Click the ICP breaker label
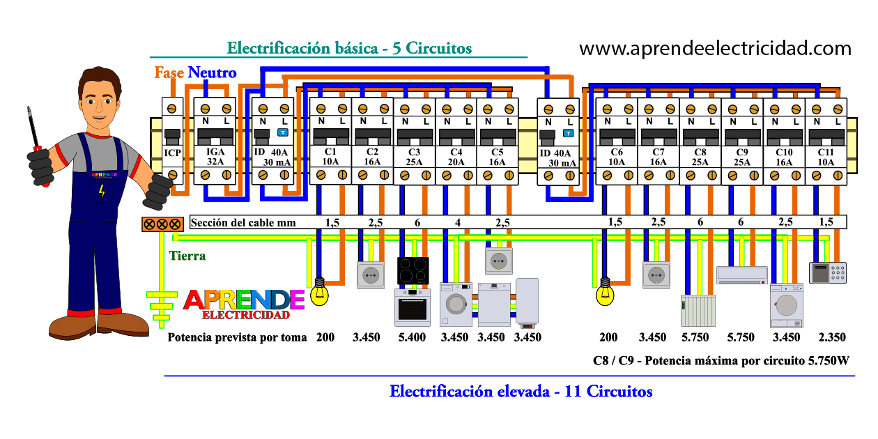tap(173, 153)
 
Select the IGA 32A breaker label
tap(215, 156)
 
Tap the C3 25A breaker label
tap(415, 157)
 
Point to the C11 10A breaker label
tap(826, 157)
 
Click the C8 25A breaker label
tap(700, 157)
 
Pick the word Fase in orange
tap(169, 72)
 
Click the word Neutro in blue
tap(212, 72)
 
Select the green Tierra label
tap(187, 256)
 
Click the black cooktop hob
tap(413, 271)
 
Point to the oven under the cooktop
tap(413, 307)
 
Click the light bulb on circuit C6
tap(605, 292)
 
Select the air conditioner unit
tap(741, 275)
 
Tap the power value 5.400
tap(412, 337)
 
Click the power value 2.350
tap(832, 337)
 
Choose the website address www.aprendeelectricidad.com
tap(716, 49)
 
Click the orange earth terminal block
tap(162, 224)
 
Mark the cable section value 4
tap(457, 223)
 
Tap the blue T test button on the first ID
tap(283, 132)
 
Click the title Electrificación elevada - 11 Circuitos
tap(521, 391)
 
